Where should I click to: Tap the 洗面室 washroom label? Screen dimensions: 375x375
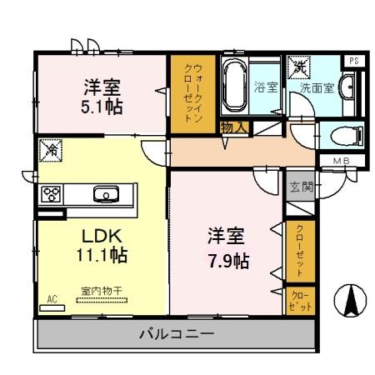pos(317,87)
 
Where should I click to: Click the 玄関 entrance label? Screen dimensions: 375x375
pos(300,187)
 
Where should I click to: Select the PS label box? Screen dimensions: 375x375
pos(353,60)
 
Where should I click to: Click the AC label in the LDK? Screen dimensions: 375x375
pos(52,298)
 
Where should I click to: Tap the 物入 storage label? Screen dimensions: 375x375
pos(233,127)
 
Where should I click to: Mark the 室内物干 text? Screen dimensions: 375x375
pos(102,291)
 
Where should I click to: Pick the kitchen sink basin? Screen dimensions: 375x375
pos(106,196)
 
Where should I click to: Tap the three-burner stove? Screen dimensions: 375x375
pos(52,195)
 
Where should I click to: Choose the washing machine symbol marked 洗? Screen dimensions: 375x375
pos(298,67)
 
